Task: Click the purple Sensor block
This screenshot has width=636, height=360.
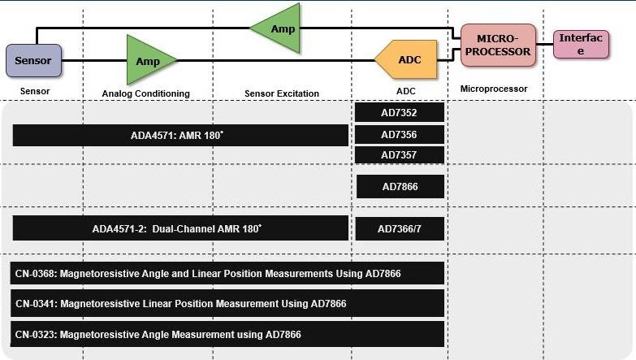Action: (x=32, y=60)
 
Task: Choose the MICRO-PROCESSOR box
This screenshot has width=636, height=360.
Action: (x=498, y=46)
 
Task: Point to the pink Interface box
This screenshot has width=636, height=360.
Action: (x=581, y=45)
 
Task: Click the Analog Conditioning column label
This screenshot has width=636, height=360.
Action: (x=145, y=93)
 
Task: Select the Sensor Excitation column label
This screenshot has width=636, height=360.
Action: (x=281, y=93)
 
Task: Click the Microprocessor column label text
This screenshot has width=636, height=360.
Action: (x=494, y=89)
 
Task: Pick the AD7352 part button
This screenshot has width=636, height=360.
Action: (x=400, y=113)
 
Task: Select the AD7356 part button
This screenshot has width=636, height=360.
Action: (x=400, y=134)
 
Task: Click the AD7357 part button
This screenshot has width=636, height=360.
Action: (x=400, y=154)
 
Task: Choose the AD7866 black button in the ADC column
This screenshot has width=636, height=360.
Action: (x=400, y=187)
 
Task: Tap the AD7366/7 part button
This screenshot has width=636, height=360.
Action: (x=400, y=229)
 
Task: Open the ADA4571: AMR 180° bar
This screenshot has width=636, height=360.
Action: (x=180, y=135)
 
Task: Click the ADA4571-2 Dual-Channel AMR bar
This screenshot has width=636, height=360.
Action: (x=180, y=229)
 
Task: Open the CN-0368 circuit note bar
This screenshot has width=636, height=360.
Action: (x=228, y=274)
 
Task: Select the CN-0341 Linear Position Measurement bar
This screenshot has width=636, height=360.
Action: (x=228, y=303)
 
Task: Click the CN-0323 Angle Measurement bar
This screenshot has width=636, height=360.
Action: (x=228, y=334)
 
